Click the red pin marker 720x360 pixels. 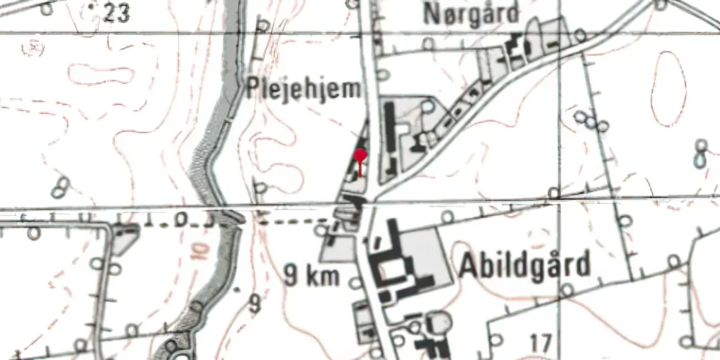coord(361,155)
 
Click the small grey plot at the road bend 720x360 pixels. coord(125,235)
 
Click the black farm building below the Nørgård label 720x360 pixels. coord(516,50)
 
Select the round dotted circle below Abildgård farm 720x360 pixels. coord(438,321)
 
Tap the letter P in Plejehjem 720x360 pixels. coord(251,89)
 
